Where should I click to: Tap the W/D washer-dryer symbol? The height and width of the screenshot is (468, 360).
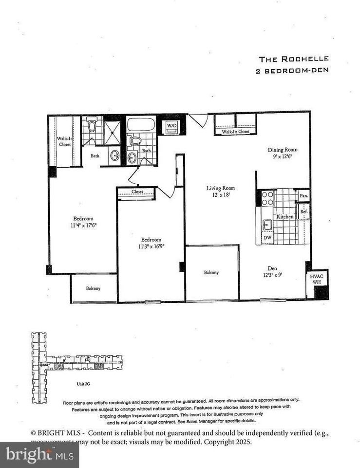tap(172, 126)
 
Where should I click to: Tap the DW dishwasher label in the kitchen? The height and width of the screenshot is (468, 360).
tap(267, 237)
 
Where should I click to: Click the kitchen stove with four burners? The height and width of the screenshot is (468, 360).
tap(268, 197)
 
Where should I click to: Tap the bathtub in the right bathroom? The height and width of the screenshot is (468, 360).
tap(141, 124)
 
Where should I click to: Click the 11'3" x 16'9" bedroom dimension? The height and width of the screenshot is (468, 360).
tap(152, 243)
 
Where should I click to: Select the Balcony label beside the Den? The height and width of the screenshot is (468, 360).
tap(211, 273)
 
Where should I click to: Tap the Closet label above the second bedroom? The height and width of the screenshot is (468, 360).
tap(137, 193)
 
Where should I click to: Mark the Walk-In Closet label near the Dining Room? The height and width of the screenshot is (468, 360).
tap(235, 132)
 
